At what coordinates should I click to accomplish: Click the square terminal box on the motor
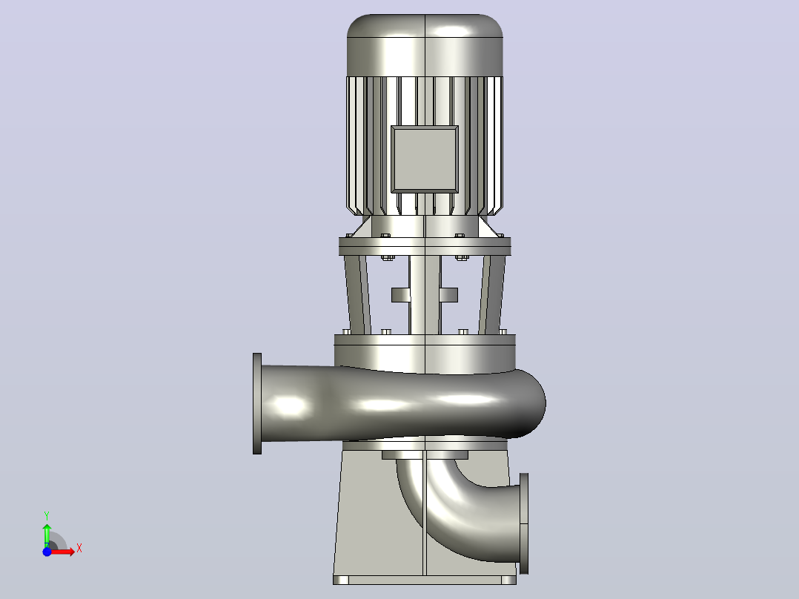pos(425,159)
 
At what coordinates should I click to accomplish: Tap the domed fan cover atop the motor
pos(425,45)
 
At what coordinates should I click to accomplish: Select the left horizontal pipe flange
pos(257,403)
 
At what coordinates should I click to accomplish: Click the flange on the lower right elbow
pos(524,523)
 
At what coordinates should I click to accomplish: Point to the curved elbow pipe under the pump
pos(448,515)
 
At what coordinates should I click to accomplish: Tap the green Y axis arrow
pos(47,535)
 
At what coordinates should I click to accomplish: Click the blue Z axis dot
pos(47,552)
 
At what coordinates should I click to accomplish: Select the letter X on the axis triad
pos(79,549)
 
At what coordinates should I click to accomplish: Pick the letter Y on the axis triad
pos(47,516)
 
